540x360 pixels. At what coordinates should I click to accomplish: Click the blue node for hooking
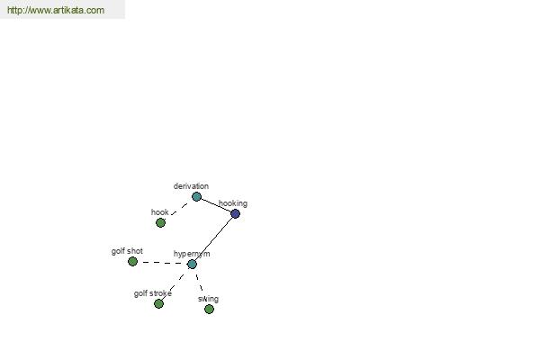pos(235,213)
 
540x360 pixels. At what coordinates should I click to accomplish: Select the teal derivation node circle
pos(196,197)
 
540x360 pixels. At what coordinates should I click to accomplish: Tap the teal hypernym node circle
pos(192,265)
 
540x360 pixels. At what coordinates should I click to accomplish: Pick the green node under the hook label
pos(160,223)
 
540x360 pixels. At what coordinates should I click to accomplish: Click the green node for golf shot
pos(132,262)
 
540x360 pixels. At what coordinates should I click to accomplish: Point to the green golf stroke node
pos(158,303)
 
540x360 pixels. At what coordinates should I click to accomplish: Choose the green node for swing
pos(209,309)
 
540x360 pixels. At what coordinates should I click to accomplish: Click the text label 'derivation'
pos(191,186)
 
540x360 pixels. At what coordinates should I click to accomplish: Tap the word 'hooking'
pos(233,203)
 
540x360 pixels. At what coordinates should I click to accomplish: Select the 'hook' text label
pos(160,211)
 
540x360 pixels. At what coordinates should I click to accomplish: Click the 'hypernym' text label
pos(192,254)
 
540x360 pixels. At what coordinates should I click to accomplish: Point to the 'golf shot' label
pos(127,251)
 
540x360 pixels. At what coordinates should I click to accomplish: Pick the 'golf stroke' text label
pos(153,293)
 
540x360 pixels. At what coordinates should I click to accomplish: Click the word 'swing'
pos(209,299)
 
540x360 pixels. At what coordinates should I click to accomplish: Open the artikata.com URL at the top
pos(56,10)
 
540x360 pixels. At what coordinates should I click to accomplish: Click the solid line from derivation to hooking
pos(216,204)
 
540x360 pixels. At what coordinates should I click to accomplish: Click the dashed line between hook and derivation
pos(179,209)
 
